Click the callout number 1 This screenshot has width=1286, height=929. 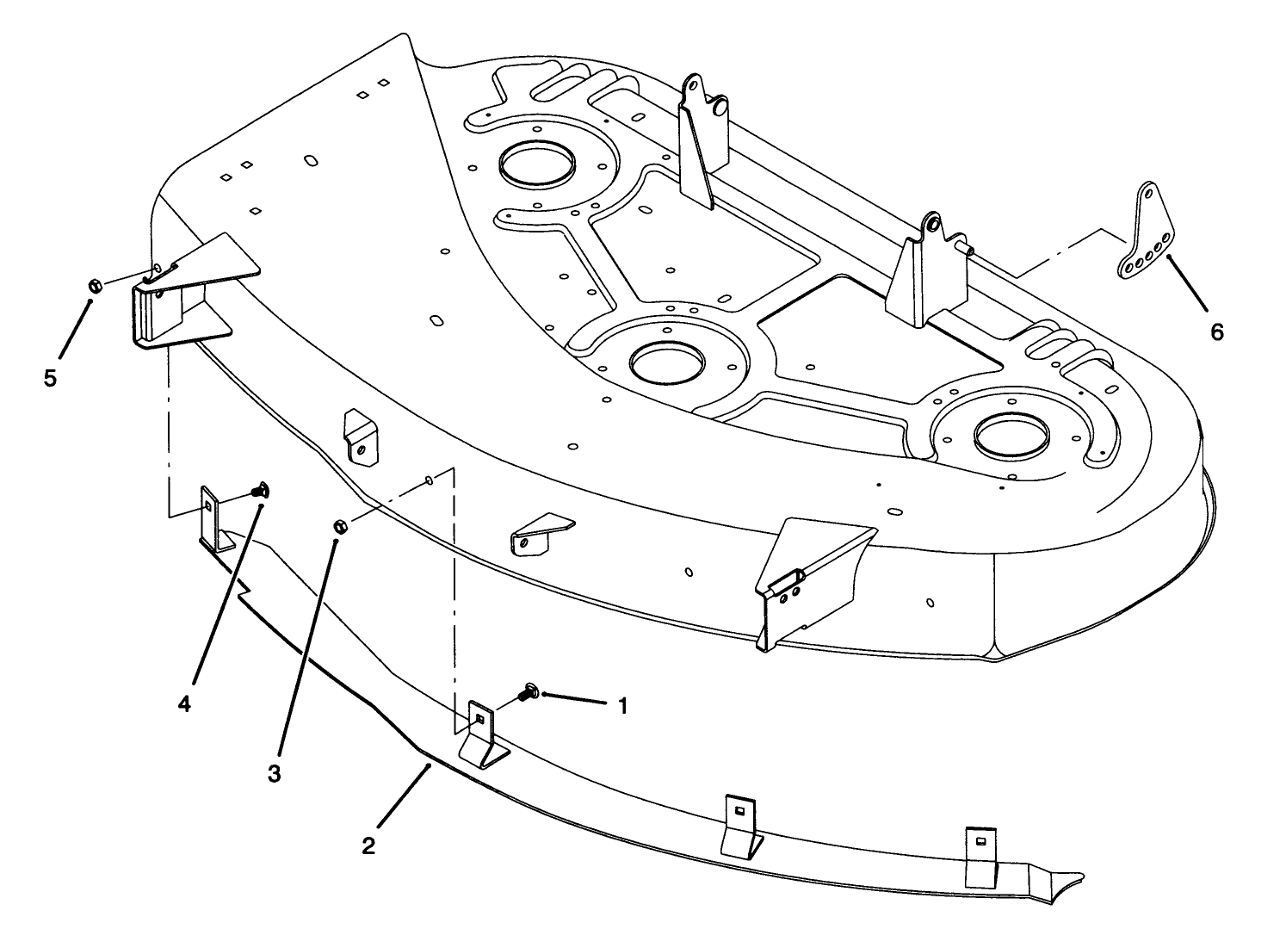622,707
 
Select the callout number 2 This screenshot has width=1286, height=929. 368,845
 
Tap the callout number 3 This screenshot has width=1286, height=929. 274,773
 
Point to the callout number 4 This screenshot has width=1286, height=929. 184,703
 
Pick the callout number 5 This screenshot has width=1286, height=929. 51,378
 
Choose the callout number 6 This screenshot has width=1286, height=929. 1216,332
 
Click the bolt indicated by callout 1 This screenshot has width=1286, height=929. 528,691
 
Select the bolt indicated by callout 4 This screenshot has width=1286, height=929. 259,492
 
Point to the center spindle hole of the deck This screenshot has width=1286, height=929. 667,360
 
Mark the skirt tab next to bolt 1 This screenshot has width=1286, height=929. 483,732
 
